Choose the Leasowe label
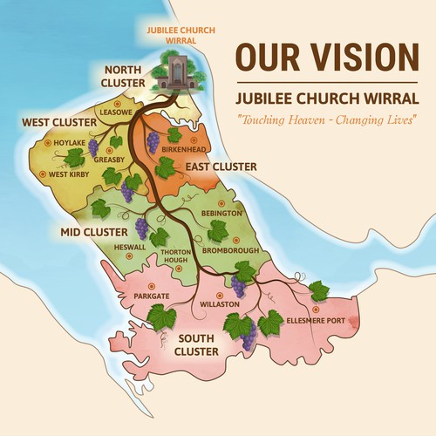tap(114, 113)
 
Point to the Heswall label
tap(130, 247)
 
